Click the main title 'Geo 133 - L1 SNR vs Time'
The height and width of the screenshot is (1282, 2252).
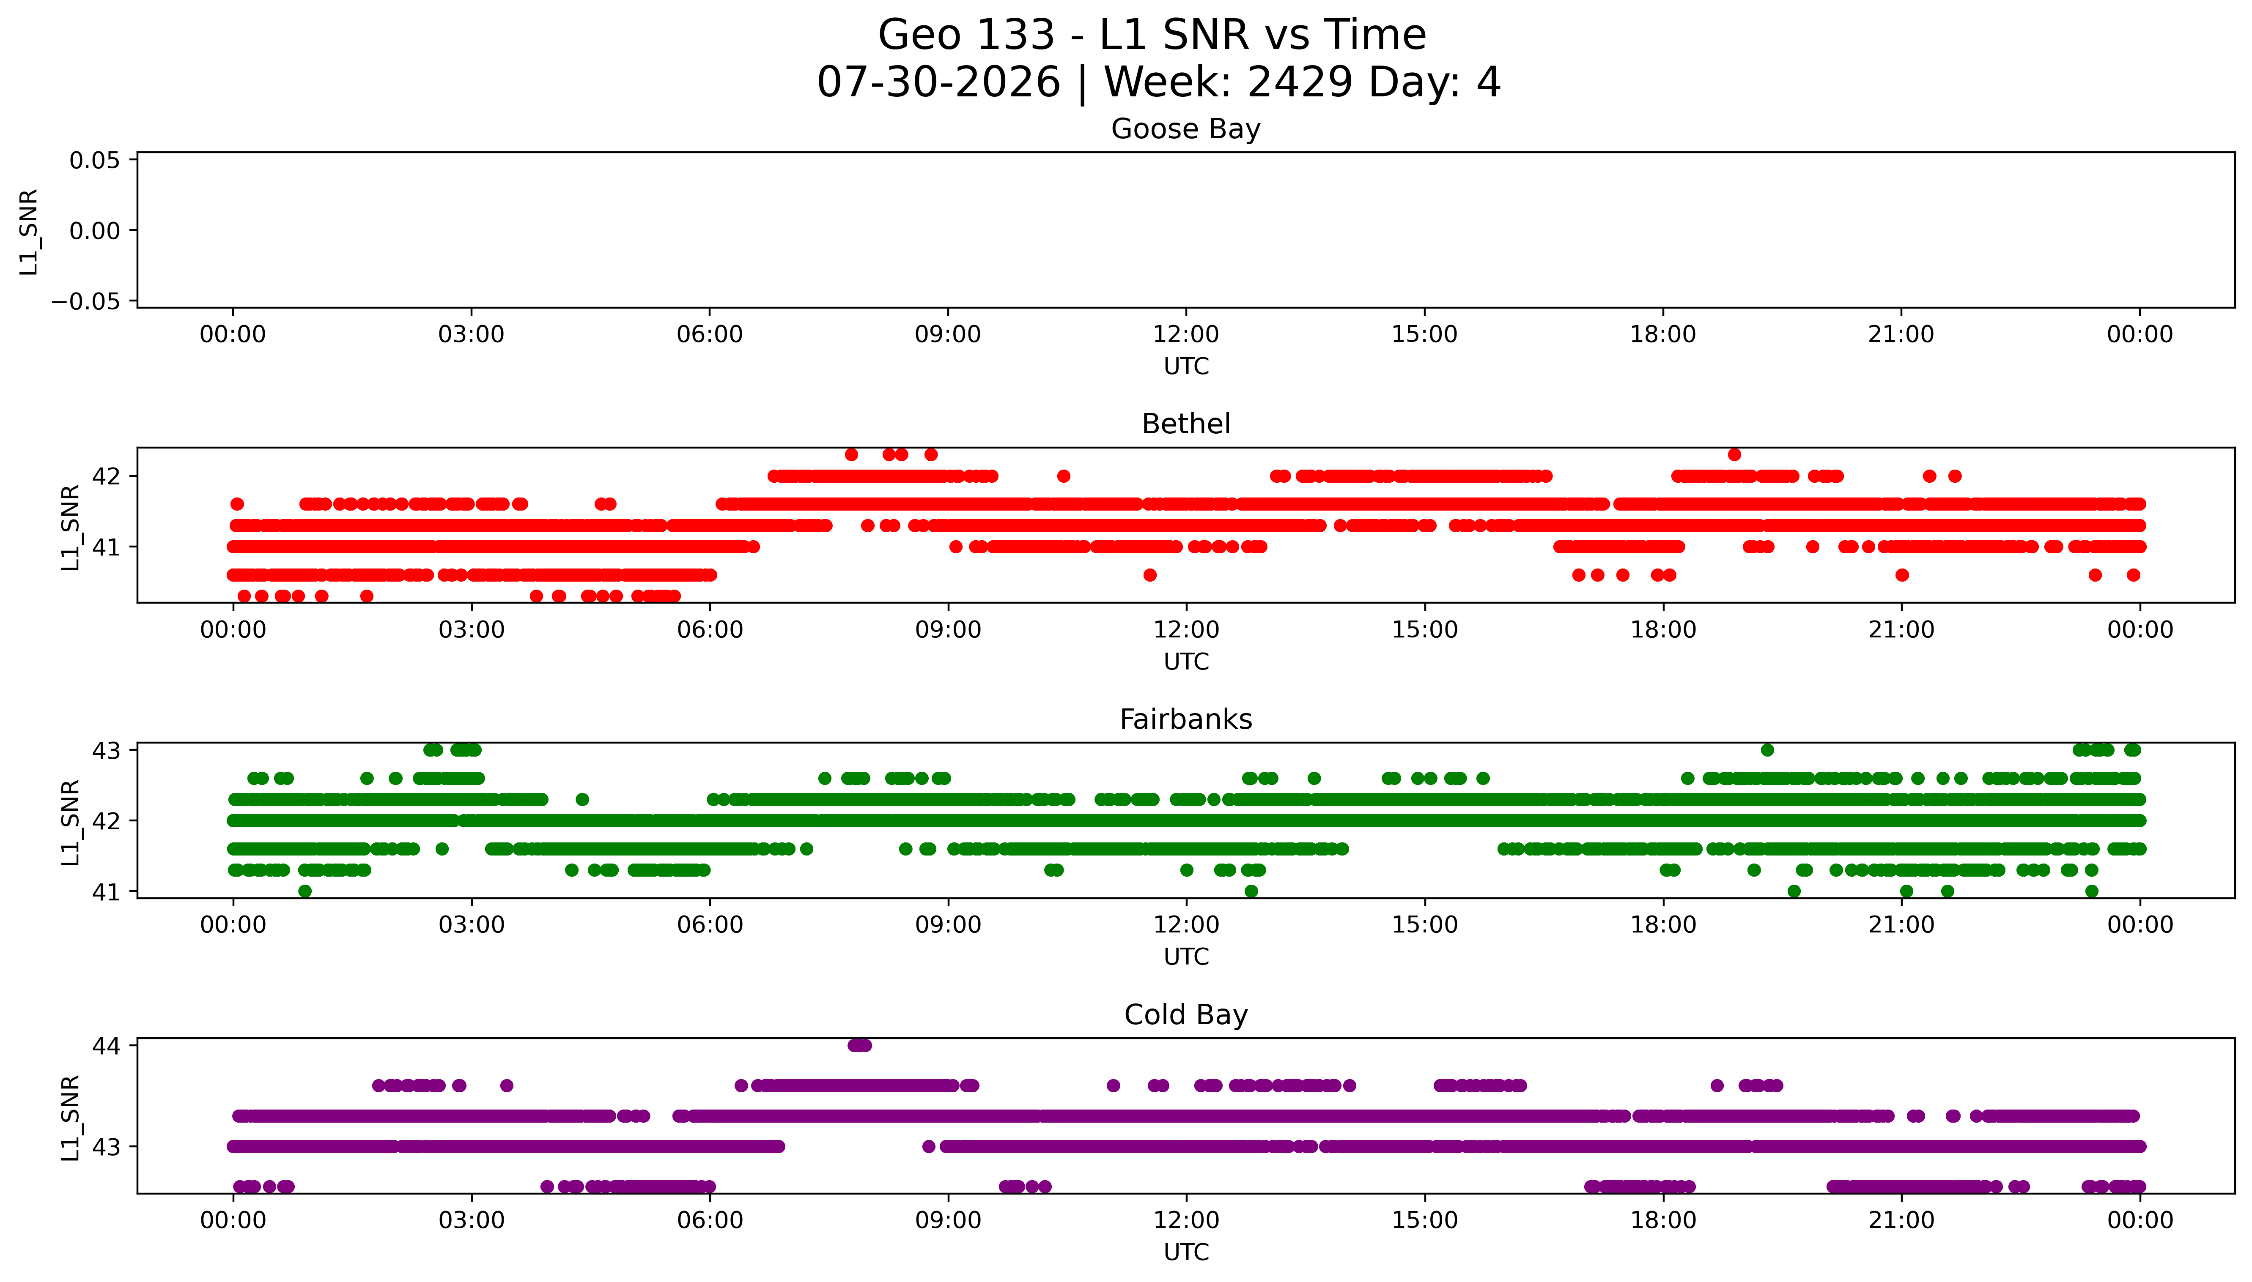click(x=1152, y=35)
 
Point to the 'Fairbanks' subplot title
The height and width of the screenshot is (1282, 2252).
click(x=1185, y=719)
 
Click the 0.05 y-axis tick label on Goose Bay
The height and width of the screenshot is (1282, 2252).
click(x=95, y=160)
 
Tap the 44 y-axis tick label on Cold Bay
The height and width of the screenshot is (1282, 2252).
click(x=106, y=1046)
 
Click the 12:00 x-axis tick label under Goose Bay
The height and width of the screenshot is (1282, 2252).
click(x=1185, y=335)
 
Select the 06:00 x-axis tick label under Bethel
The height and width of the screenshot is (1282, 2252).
click(x=709, y=629)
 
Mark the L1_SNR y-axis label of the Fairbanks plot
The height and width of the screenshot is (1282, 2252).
click(x=71, y=822)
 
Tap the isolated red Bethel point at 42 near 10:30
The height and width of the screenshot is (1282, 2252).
click(x=1063, y=476)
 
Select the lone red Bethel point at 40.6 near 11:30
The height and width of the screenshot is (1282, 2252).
click(x=1149, y=575)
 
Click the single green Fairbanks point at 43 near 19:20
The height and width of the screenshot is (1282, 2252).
click(x=1767, y=750)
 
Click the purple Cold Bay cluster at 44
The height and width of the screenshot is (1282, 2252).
click(x=859, y=1045)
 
